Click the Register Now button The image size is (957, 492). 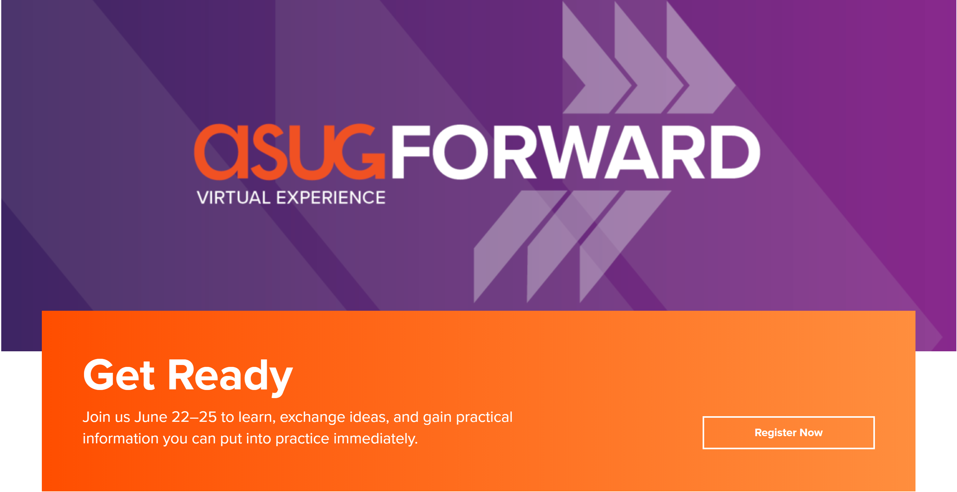click(x=788, y=433)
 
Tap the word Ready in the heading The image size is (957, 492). click(x=230, y=377)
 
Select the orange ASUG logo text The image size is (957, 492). click(x=289, y=152)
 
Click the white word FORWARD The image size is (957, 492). click(x=576, y=152)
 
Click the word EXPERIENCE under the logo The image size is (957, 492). click(x=331, y=197)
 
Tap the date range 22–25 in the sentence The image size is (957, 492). click(x=194, y=417)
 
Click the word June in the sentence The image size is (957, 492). click(x=151, y=417)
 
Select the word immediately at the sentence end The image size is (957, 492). click(x=375, y=439)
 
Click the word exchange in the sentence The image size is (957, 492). click(x=312, y=418)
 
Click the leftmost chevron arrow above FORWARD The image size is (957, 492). click(x=596, y=57)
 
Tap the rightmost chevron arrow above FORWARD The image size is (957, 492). click(x=700, y=57)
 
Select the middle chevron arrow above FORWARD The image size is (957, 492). click(x=648, y=57)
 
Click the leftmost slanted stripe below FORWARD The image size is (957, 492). click(x=520, y=246)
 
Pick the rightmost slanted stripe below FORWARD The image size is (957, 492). click(x=625, y=246)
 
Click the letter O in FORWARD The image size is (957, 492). click(x=461, y=152)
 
